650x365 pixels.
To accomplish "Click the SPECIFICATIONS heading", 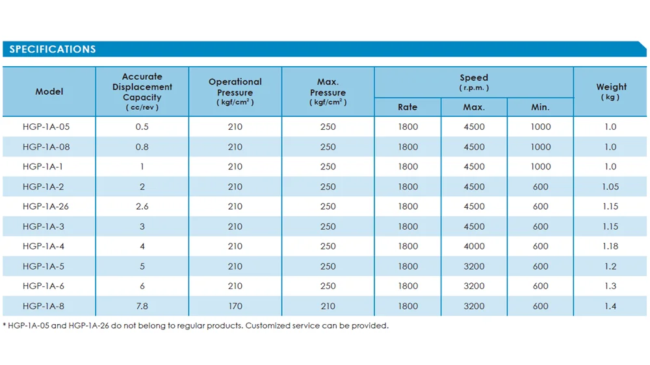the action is pyautogui.click(x=53, y=49).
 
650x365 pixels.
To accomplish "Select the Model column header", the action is pyautogui.click(x=49, y=92).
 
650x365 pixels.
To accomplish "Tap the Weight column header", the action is pyautogui.click(x=611, y=92).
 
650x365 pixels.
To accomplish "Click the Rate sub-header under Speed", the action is pyautogui.click(x=408, y=107).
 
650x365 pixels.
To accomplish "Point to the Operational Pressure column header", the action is pyautogui.click(x=235, y=92).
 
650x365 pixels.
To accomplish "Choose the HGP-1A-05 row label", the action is pyautogui.click(x=46, y=127).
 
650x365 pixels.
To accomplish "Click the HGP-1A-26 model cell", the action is pyautogui.click(x=45, y=207).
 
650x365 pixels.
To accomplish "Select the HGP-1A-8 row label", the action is pyautogui.click(x=44, y=306).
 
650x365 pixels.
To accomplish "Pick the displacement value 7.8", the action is pyautogui.click(x=142, y=306).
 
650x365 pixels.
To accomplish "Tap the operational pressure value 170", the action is pyautogui.click(x=235, y=306).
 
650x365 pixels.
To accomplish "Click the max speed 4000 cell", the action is pyautogui.click(x=474, y=246).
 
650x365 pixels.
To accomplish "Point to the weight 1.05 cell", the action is pyautogui.click(x=610, y=187).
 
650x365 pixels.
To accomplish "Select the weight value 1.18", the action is pyautogui.click(x=610, y=246).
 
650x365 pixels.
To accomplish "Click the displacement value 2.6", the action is pyautogui.click(x=142, y=207).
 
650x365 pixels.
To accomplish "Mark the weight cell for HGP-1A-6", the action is pyautogui.click(x=610, y=286).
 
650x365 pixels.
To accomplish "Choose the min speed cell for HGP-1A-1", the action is pyautogui.click(x=541, y=166).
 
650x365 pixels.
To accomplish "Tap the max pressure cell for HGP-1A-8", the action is pyautogui.click(x=328, y=306).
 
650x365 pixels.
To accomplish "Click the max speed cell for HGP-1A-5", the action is pyautogui.click(x=474, y=266).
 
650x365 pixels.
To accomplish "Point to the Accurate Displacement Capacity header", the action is pyautogui.click(x=142, y=92).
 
